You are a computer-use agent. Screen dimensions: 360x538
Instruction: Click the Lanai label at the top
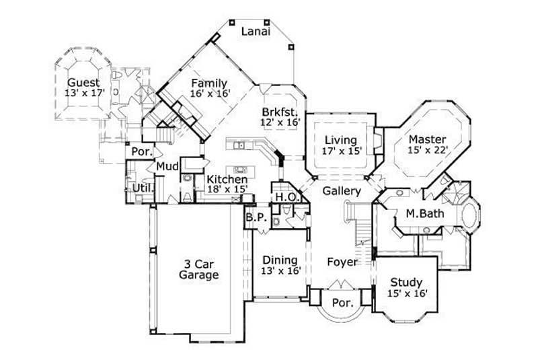256,31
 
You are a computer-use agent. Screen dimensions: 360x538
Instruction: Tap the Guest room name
83,83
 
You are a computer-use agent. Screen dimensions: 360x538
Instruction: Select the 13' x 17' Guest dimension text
84,94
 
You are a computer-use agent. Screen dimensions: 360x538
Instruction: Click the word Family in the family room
208,83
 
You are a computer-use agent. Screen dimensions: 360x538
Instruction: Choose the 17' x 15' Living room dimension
342,151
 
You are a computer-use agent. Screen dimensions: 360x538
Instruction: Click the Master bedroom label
427,140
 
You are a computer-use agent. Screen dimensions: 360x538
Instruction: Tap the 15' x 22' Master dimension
427,151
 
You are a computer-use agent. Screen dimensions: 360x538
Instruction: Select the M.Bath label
422,214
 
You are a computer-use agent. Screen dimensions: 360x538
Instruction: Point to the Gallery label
342,192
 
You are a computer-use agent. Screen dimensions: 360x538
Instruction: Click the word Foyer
342,261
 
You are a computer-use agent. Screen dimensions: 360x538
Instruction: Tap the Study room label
406,282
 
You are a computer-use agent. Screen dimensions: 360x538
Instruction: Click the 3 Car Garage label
198,269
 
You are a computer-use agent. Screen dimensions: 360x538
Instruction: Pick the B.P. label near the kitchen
254,217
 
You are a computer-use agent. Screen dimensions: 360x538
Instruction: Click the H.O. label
282,197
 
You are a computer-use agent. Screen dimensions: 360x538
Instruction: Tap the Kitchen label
227,180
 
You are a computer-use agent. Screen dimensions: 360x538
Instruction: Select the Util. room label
141,187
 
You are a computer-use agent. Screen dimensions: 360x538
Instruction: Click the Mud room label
167,166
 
